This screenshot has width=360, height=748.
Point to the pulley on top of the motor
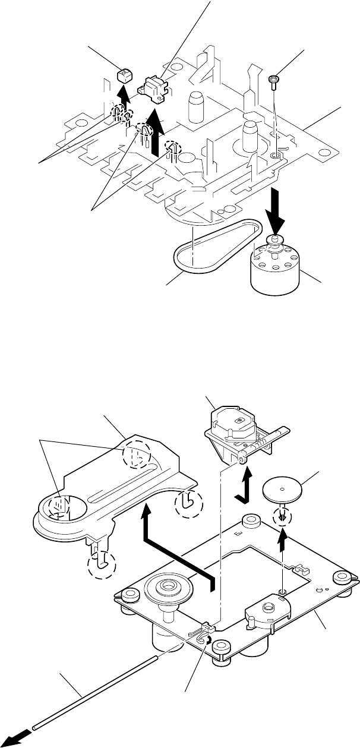pyautogui.click(x=274, y=241)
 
